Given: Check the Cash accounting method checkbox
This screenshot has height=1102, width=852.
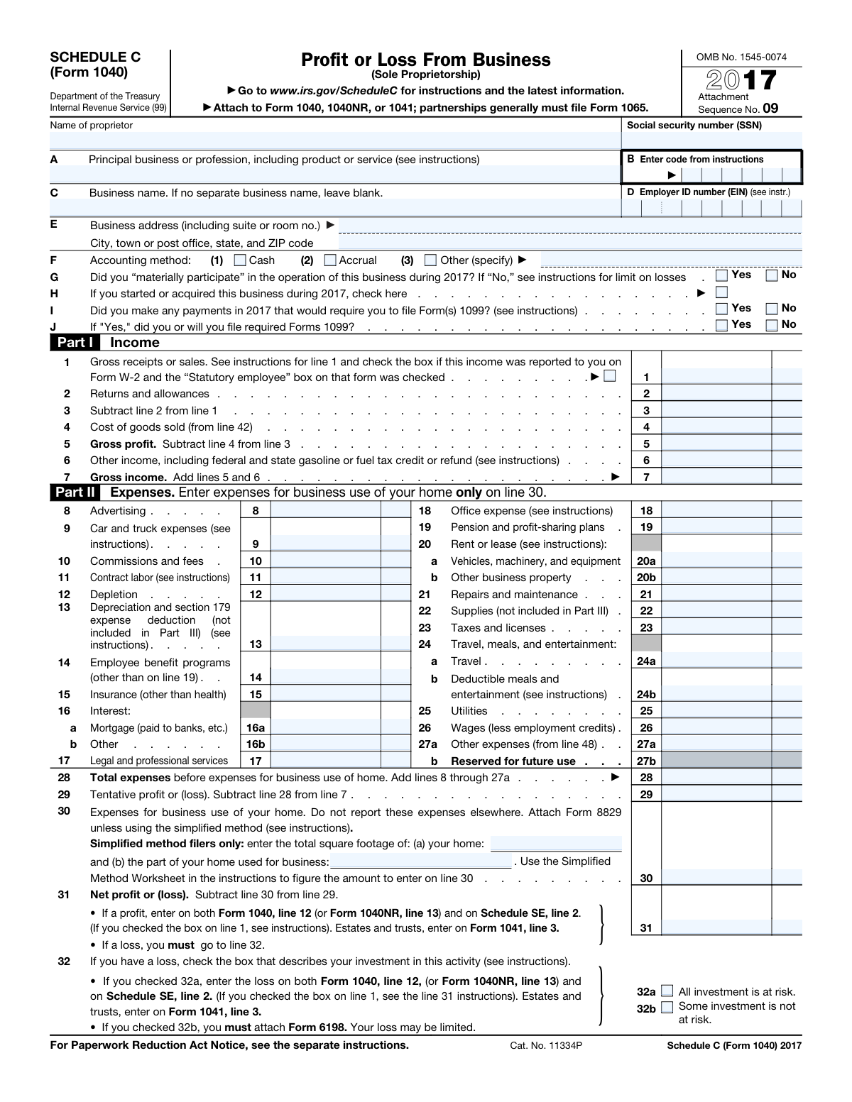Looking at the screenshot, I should coord(240,260).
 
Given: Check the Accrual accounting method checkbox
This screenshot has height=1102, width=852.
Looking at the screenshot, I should coord(330,260).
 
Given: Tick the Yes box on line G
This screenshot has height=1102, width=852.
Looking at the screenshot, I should coord(721,275).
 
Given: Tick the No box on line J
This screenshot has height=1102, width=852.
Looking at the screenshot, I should coord(772,325).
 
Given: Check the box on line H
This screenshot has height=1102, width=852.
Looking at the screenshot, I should coord(721,292).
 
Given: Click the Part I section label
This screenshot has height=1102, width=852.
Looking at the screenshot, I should coord(75,343).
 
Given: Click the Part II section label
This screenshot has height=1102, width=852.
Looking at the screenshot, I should coord(75,492).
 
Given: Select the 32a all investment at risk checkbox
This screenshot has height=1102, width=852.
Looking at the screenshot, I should coord(667,991).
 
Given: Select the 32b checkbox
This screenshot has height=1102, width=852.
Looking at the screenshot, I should coord(667,1007).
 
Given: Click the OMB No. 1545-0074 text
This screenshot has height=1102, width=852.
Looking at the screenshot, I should coord(741,57).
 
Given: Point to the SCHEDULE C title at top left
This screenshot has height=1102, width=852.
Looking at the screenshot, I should coord(95,57).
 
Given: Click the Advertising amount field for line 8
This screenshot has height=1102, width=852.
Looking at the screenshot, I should coord(325,510).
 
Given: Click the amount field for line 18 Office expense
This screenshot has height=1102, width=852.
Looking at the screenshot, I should coord(716,510).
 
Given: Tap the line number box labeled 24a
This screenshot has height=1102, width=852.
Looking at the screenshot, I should coord(645,661).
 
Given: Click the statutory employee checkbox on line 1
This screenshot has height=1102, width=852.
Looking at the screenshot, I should coord(610,376).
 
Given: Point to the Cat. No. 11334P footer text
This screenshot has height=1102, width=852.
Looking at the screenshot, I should coord(545,1045).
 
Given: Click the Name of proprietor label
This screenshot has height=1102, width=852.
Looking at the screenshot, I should coord(91,126).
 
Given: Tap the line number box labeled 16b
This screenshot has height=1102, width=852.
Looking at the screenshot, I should coord(256,744).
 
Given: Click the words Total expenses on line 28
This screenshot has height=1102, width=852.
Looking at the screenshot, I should coord(130,778).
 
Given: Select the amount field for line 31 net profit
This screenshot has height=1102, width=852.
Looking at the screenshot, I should coord(716,927).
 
